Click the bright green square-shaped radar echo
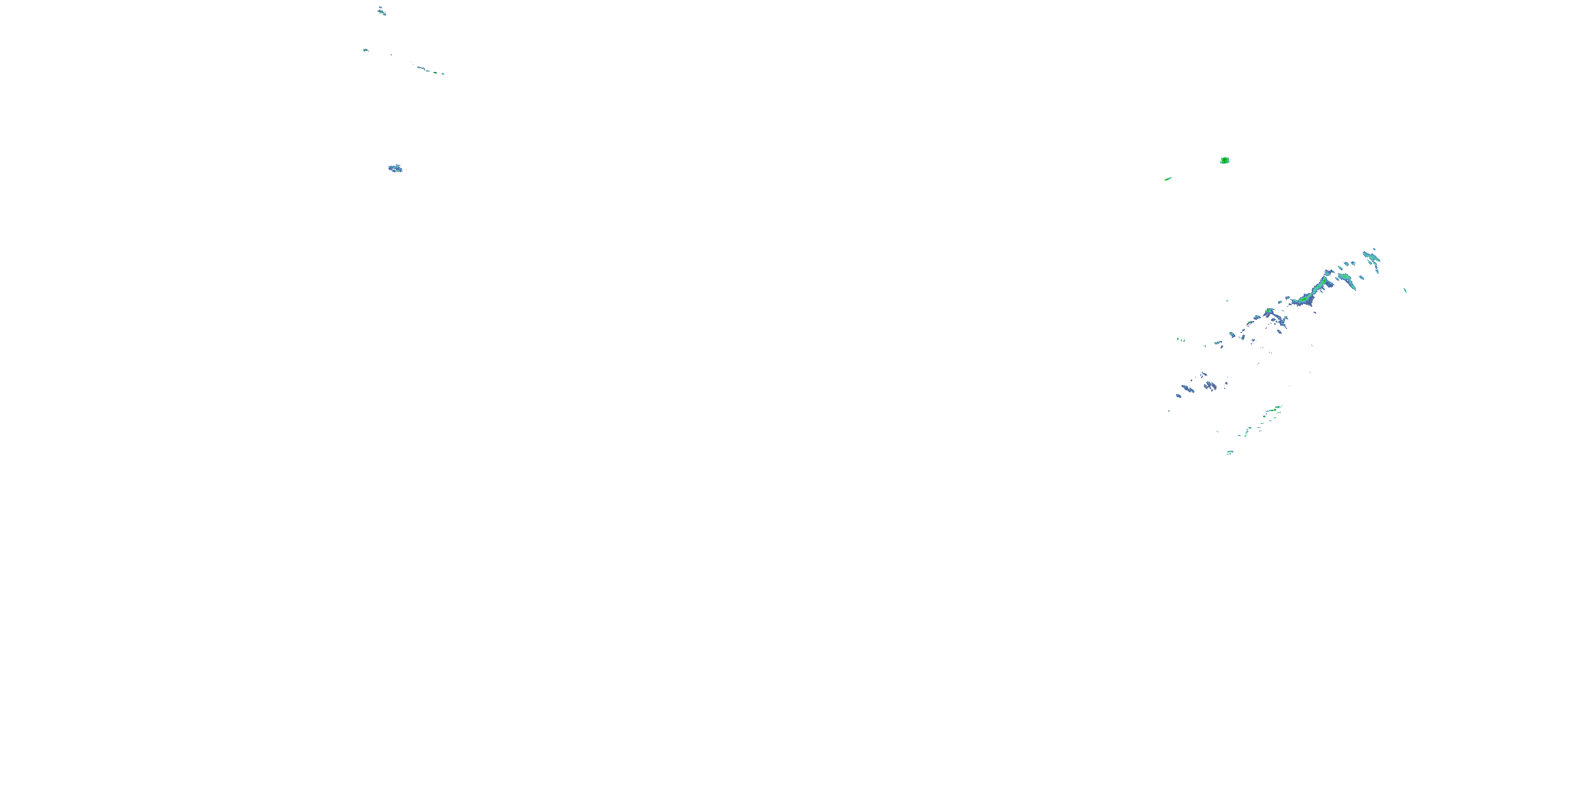pos(1225,160)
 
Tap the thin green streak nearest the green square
pos(1168,179)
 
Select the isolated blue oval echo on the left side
pos(395,168)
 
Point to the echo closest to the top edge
pos(381,11)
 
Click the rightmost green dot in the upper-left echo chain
pos(443,74)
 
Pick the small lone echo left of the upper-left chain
pos(365,49)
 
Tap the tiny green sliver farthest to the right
pos(1405,290)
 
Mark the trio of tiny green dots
pos(1181,339)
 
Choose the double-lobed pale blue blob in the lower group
pos(1210,386)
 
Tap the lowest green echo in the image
pos(1230,453)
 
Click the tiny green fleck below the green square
pos(1226,300)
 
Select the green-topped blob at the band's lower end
pos(1269,312)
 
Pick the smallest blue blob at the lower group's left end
pos(1178,395)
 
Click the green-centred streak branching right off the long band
pos(1346,279)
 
